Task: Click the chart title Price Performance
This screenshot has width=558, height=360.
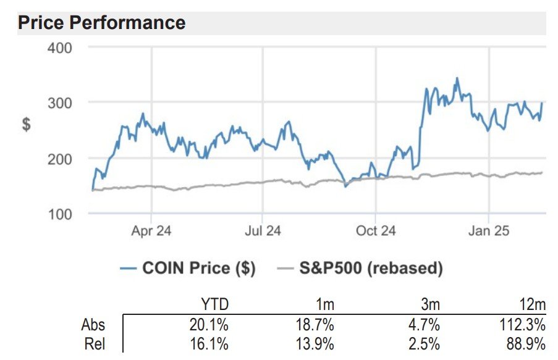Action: [101, 23]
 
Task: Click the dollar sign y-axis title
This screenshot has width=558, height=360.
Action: [27, 124]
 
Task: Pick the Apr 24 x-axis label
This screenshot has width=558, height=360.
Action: [151, 231]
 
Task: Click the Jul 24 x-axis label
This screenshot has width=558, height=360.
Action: [263, 231]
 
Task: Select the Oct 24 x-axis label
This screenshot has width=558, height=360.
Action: [376, 231]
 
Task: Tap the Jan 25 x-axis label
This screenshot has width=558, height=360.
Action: [489, 231]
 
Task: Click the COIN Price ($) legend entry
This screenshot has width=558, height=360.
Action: [188, 269]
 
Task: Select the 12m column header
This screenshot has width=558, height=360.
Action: [532, 305]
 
